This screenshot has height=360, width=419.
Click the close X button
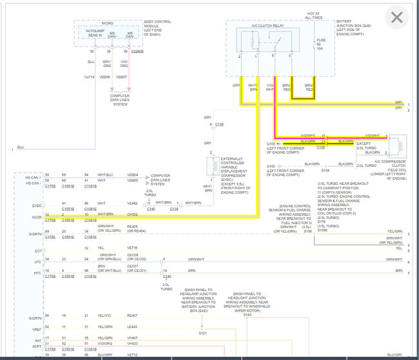pos(396,17)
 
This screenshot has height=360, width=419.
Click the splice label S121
pos(202,332)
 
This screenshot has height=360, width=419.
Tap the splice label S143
pos(248,314)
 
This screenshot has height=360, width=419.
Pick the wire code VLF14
pos(89,76)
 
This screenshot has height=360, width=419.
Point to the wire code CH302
pos(132,214)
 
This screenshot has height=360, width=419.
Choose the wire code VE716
pos(132,248)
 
